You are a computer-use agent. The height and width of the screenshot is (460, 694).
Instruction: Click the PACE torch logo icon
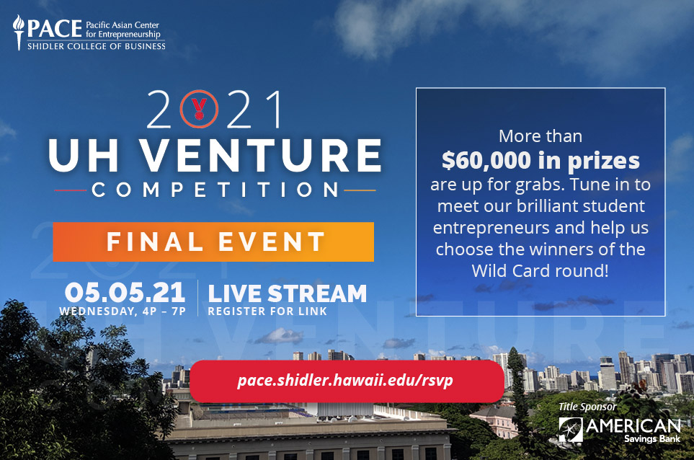(18, 32)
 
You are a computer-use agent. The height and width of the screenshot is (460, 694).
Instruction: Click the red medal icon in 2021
(199, 109)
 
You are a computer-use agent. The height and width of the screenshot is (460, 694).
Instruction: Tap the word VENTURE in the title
(261, 155)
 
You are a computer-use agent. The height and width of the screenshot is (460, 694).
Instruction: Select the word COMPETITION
(215, 190)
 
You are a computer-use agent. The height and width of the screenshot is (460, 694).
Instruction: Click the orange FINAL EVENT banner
(213, 242)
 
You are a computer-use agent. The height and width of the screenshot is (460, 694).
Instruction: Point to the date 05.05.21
(125, 293)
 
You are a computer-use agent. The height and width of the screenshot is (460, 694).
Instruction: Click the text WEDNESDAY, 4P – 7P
(123, 311)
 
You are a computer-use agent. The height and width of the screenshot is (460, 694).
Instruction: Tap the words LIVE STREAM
(288, 293)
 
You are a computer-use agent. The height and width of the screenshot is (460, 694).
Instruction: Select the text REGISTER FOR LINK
(267, 311)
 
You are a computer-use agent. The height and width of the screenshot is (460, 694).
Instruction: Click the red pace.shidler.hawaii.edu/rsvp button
(347, 381)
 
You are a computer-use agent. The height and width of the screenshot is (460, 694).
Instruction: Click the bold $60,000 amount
(486, 160)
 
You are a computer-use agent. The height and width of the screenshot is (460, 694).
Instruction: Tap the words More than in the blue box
(540, 136)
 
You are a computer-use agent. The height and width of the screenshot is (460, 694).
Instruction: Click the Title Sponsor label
(587, 407)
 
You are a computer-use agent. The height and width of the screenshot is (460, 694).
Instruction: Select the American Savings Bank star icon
(571, 430)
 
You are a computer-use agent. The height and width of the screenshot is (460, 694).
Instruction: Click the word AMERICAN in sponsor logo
(633, 426)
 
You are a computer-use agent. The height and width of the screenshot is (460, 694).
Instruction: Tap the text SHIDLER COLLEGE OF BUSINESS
(97, 46)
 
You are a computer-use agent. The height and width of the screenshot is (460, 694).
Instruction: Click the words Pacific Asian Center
(123, 25)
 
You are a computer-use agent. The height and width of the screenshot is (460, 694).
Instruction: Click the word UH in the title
(84, 155)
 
